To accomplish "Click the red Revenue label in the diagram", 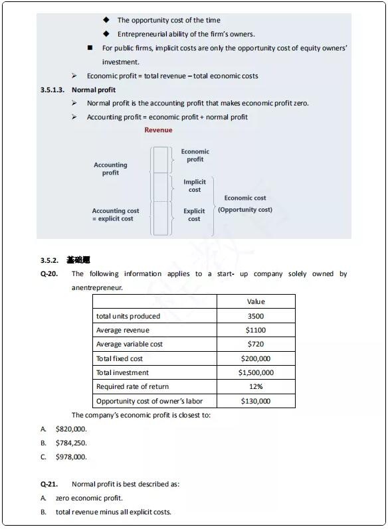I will coord(158,130).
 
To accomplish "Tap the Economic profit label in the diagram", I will coord(195,155).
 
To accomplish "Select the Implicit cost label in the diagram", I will coord(195,186).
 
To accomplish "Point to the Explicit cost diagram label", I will coord(194,215).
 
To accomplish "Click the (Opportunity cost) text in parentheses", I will coord(245,210).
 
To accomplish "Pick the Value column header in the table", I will coord(256,301).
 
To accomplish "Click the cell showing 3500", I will coord(256,316).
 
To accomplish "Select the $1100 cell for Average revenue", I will coord(256,330).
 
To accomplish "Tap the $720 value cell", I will coord(256,344).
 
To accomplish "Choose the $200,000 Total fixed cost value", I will coord(256,358).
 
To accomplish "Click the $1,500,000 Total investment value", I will coord(256,372).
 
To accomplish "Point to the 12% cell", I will coord(256,386).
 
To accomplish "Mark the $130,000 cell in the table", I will coord(256,401).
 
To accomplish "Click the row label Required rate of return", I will coord(132,386).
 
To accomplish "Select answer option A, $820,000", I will coord(71,429).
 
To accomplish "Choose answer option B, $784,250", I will coord(71,443).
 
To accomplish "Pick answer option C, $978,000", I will coord(71,457).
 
